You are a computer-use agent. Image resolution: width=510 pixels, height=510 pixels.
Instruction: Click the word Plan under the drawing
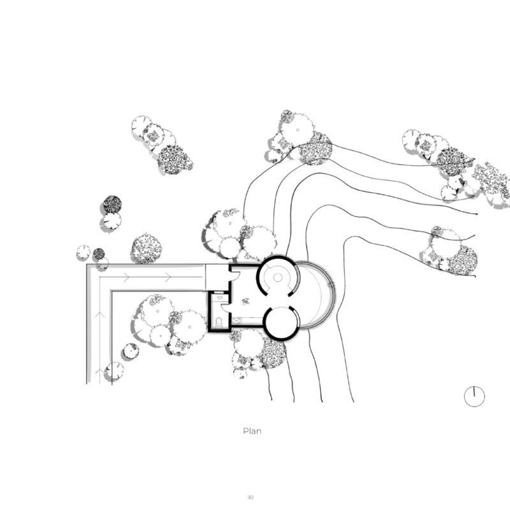click(252, 432)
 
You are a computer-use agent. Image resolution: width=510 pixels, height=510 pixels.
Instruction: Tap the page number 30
click(250, 497)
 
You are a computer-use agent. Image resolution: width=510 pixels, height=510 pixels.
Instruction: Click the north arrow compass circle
click(474, 397)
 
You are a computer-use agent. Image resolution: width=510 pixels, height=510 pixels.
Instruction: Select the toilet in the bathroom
click(219, 322)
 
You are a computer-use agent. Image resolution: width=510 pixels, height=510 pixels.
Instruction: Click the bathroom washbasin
click(219, 297)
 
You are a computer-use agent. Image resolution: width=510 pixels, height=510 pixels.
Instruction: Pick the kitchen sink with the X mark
click(236, 321)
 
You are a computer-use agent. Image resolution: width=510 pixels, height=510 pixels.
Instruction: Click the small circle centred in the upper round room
click(277, 277)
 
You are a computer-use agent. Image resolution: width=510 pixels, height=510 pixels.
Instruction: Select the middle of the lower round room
click(282, 323)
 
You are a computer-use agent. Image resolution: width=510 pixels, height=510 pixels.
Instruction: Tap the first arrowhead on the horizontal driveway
click(126, 277)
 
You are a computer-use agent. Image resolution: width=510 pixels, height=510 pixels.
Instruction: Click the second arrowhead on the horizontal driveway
click(168, 277)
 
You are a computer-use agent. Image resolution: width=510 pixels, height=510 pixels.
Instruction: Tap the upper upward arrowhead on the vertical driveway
click(100, 314)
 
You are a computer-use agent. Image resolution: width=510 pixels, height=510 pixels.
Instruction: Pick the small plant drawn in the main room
click(245, 301)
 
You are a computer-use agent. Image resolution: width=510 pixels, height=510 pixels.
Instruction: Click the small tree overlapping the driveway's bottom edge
click(115, 371)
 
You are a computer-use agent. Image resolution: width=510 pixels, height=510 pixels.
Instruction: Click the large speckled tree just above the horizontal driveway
click(147, 249)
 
